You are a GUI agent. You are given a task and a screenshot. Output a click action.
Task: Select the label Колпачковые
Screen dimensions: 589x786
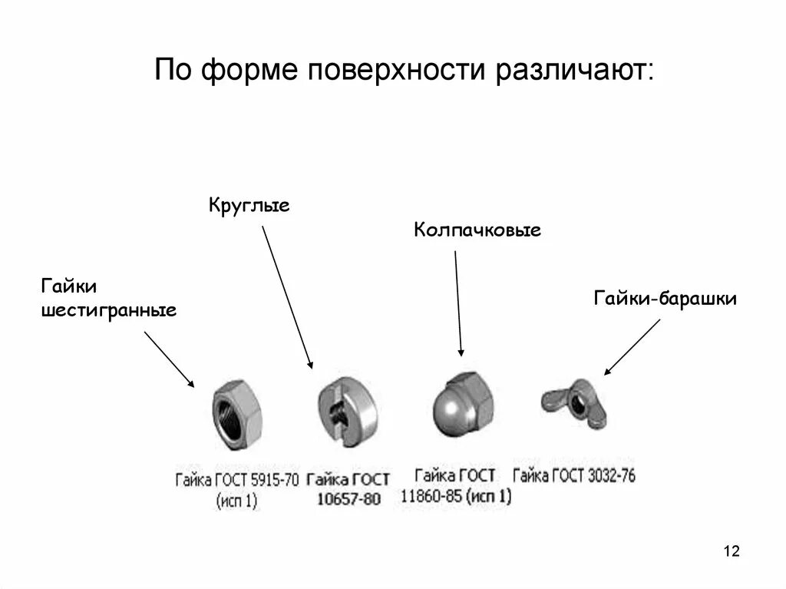(477, 230)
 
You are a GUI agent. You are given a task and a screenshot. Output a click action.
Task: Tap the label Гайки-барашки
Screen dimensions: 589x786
(665, 298)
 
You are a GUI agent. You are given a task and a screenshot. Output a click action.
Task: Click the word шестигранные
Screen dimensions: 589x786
(108, 311)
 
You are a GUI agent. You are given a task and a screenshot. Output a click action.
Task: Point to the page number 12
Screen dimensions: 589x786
(731, 551)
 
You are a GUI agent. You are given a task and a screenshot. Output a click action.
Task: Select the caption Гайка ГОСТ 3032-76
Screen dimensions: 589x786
(574, 475)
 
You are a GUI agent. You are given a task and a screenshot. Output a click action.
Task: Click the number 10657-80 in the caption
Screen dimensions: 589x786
(349, 499)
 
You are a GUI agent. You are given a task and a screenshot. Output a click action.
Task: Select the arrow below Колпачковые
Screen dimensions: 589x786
(458, 303)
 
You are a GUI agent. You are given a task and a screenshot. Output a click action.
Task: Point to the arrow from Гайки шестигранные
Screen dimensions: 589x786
(169, 359)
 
